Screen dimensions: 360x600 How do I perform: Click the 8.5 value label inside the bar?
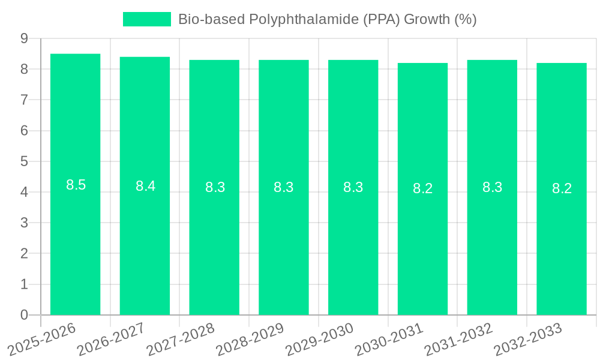tap(76, 185)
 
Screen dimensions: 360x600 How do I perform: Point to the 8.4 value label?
tap(145, 186)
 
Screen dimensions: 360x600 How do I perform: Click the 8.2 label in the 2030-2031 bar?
tap(422, 188)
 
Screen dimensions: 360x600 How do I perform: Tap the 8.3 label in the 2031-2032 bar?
tap(492, 187)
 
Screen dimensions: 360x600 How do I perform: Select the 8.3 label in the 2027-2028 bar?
tap(215, 187)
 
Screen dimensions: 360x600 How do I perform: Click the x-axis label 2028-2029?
tap(250, 339)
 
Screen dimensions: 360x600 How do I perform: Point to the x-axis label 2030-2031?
tap(389, 339)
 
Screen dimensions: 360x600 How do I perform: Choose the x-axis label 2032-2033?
tap(528, 339)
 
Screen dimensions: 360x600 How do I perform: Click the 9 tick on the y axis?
tap(24, 38)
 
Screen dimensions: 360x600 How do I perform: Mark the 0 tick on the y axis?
tap(24, 315)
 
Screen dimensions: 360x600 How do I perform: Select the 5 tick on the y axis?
tap(24, 161)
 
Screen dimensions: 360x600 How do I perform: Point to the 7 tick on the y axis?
tap(24, 100)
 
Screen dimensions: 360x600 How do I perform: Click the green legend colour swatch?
tap(147, 19)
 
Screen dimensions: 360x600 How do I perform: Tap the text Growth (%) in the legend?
tap(440, 19)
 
